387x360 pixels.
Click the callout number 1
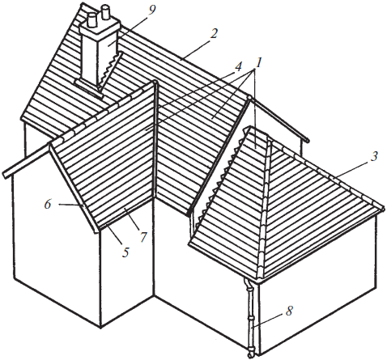click(x=258, y=63)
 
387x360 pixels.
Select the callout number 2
click(x=214, y=34)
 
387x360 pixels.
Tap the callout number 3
click(x=374, y=157)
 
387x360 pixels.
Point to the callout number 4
click(x=238, y=67)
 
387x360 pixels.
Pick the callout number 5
click(x=125, y=252)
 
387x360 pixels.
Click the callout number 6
click(x=48, y=205)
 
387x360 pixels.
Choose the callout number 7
click(x=142, y=237)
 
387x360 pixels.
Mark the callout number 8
click(x=289, y=311)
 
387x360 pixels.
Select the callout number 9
click(x=152, y=11)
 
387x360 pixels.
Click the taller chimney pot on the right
click(x=105, y=14)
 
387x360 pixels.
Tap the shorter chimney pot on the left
click(x=92, y=20)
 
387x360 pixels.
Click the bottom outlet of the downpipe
click(x=250, y=353)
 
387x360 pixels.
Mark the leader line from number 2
click(x=196, y=49)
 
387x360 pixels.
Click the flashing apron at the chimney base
click(x=88, y=88)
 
